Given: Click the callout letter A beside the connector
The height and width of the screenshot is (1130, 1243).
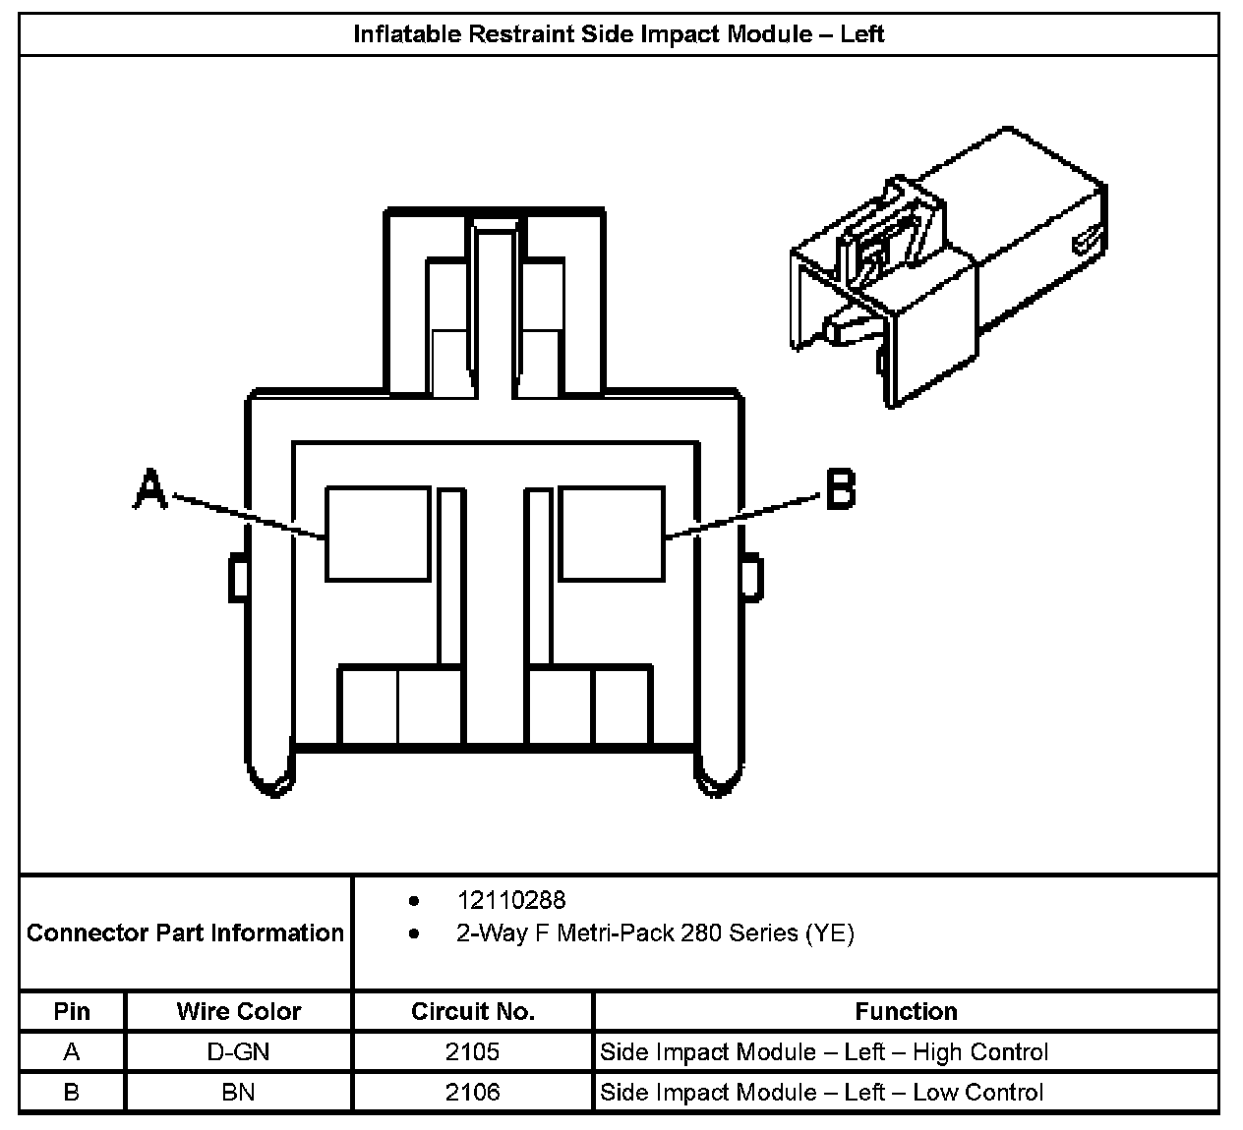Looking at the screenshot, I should point(149,489).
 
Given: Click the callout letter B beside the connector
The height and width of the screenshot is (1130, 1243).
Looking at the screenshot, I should point(840,488).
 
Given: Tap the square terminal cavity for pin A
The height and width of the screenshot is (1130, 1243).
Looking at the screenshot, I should point(379,533).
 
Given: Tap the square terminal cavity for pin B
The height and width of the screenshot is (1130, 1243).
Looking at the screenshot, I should point(612,533).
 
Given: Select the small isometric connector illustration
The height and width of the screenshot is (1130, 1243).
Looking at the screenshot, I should point(948,265).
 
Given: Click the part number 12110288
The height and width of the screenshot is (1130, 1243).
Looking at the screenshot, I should point(511,900).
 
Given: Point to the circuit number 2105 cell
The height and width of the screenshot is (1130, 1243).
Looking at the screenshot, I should point(472,1052).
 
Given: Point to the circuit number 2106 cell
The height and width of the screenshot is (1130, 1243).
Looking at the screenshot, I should point(472,1092).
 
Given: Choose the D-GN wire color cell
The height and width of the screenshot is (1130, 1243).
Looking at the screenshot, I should point(238,1052).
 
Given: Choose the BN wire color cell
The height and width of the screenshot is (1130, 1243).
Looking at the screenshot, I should point(238,1092).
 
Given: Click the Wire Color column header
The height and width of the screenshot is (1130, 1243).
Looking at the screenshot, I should point(238,1011).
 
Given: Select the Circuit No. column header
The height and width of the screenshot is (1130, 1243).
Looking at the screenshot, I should point(472,1011).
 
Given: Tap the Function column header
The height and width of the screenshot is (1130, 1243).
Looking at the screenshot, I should point(906,1011).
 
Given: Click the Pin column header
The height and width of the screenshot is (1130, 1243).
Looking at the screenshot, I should point(72,1011).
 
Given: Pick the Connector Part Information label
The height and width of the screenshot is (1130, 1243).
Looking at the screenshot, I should point(185,932).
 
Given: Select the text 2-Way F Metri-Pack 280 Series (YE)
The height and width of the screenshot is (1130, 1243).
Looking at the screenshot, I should point(655,932).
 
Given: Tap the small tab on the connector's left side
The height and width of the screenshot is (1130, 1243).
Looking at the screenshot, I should point(237,578).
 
